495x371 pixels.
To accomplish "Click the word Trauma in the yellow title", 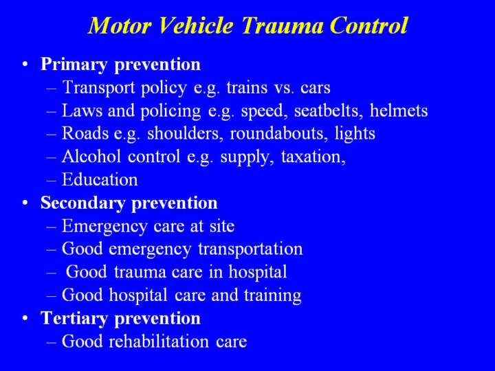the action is pos(283,25).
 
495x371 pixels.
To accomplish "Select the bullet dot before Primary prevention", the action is pos(25,65).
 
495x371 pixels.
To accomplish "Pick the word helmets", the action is pos(399,111).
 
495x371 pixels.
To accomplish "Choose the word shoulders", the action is pos(183,134).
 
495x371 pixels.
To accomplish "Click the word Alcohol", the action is pos(91,156).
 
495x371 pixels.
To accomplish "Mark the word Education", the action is pos(100,179).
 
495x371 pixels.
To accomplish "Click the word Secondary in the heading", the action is pos(82,203).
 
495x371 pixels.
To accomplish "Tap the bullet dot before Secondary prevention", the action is pos(25,203).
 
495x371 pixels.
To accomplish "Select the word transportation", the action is pos(250,249).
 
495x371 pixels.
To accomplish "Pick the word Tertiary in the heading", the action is pos(74,319).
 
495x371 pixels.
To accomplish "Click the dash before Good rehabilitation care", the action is pos(52,342).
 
